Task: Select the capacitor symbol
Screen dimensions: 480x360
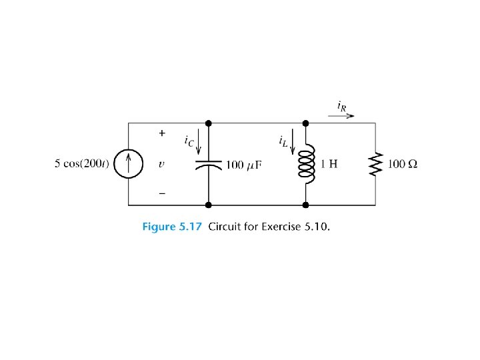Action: [208, 163]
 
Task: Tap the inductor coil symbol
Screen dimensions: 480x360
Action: [306, 164]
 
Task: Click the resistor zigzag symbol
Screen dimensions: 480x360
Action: [376, 163]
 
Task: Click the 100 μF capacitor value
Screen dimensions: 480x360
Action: [242, 165]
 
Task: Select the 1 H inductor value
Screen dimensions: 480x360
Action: [329, 164]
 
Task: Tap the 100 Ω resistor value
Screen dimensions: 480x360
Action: [402, 164]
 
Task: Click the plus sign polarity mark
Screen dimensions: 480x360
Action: [161, 133]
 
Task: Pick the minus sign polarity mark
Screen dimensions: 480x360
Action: [161, 193]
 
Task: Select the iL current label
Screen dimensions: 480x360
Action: [283, 141]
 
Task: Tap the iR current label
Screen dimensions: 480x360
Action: [342, 105]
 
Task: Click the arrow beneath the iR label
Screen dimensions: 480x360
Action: [341, 115]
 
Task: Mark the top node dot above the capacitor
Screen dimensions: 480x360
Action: [208, 123]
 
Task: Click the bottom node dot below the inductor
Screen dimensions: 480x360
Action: [306, 205]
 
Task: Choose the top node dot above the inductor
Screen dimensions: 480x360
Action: [306, 123]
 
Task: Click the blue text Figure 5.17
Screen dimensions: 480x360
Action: [172, 226]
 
